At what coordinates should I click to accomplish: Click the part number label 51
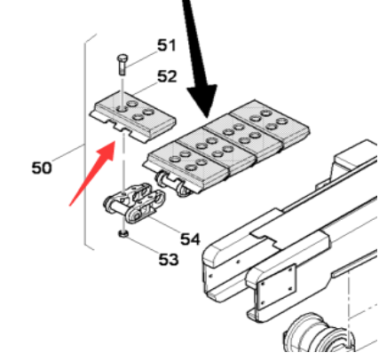(x=167, y=45)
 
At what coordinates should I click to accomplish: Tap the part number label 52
(x=167, y=77)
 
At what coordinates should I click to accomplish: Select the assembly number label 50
(x=41, y=166)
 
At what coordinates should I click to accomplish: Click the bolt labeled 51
(x=122, y=65)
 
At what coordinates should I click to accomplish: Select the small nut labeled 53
(x=123, y=234)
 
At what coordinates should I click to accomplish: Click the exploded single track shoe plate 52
(x=133, y=113)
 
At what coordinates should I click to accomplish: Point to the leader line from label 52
(x=146, y=83)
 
